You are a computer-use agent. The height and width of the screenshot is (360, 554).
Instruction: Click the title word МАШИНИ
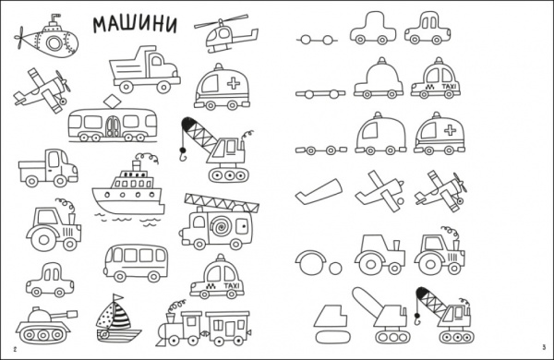[135, 25]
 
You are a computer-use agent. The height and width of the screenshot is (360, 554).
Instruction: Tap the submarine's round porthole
[54, 43]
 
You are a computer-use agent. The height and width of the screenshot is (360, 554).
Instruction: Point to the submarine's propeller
[19, 37]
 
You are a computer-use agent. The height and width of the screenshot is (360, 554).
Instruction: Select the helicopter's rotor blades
[221, 21]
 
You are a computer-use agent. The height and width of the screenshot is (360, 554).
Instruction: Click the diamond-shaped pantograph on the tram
[113, 101]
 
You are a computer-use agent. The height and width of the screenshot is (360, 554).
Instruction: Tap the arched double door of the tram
[113, 126]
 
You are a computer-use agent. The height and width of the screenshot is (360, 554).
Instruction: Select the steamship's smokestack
[137, 166]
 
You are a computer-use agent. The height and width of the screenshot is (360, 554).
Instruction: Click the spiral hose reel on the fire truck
[220, 225]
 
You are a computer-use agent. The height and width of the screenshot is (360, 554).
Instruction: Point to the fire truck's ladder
[222, 203]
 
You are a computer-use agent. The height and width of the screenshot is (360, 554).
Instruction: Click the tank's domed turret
[38, 315]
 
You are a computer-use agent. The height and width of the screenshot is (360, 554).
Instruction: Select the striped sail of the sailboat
[122, 315]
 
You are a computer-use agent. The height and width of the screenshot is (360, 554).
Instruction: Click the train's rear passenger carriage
[228, 327]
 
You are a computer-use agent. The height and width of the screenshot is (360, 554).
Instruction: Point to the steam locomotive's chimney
[172, 318]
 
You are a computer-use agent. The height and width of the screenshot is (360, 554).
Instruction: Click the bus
[136, 263]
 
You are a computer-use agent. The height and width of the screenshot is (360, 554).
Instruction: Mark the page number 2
[15, 350]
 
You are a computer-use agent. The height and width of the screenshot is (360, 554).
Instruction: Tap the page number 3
[544, 348]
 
